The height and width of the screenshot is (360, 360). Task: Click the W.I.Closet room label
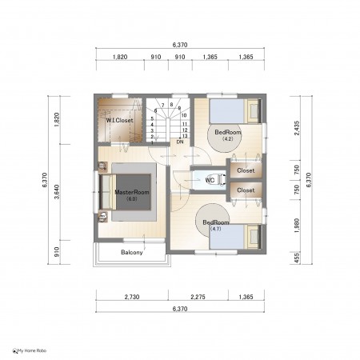pyautogui.click(x=119, y=120)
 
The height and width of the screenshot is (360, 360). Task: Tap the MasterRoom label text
pyautogui.click(x=132, y=192)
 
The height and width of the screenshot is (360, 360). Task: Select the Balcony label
pyautogui.click(x=132, y=252)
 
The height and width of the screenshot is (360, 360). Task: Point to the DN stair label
pyautogui.click(x=180, y=142)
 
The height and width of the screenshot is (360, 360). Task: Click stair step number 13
pyautogui.click(x=185, y=136)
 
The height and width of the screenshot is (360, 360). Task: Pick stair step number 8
pyautogui.click(x=171, y=105)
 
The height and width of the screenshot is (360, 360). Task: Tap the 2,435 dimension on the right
pyautogui.click(x=297, y=128)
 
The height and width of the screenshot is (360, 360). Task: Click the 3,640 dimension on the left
pyautogui.click(x=57, y=192)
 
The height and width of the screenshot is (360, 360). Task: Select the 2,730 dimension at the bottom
pyautogui.click(x=132, y=297)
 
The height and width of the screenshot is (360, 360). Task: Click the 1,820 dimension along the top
pyautogui.click(x=120, y=57)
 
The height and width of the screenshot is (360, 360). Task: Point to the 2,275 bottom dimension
pyautogui.click(x=198, y=297)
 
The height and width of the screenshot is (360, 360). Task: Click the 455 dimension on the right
pyautogui.click(x=297, y=258)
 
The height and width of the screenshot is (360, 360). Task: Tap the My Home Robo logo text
pyautogui.click(x=32, y=350)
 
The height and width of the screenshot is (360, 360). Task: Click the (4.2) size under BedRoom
pyautogui.click(x=228, y=138)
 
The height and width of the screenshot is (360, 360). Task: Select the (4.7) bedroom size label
pyautogui.click(x=216, y=229)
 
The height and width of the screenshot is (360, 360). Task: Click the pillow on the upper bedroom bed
pyautogui.click(x=254, y=111)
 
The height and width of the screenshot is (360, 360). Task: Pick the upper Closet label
pyautogui.click(x=246, y=170)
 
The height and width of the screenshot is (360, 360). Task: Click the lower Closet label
pyautogui.click(x=246, y=190)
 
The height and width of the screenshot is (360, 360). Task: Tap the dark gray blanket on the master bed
pyautogui.click(x=134, y=192)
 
